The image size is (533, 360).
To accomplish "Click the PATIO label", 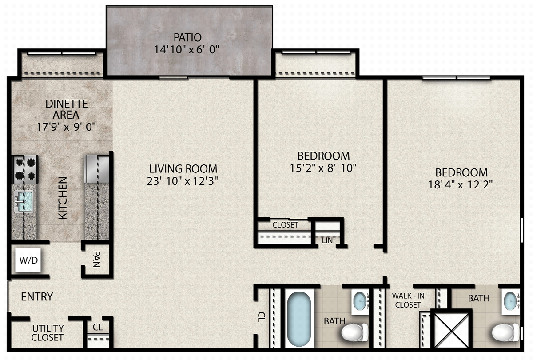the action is (187, 37).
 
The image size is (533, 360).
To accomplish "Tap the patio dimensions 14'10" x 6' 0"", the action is (187, 49).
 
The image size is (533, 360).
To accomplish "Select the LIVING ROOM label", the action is (183, 169).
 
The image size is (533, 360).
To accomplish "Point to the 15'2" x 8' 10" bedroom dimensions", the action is (323, 168).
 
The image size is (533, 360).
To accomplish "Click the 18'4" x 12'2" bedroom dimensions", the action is (461, 184).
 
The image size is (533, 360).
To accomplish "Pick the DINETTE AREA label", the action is (66, 109).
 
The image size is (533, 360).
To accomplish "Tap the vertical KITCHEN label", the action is (63, 198).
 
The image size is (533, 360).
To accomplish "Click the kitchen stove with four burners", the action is (25, 169).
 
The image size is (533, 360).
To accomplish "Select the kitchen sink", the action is (24, 201).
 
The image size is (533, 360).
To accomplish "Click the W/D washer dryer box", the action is (28, 260).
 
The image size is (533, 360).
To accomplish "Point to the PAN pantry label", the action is (97, 259).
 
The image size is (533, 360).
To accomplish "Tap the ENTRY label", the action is (37, 297).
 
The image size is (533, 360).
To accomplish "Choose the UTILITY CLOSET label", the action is (48, 333).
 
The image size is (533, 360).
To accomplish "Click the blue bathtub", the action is (299, 319).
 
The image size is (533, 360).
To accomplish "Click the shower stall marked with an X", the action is (451, 330).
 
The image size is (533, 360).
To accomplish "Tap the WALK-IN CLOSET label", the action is (408, 300).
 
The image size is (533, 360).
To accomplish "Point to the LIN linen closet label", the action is (327, 240).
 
